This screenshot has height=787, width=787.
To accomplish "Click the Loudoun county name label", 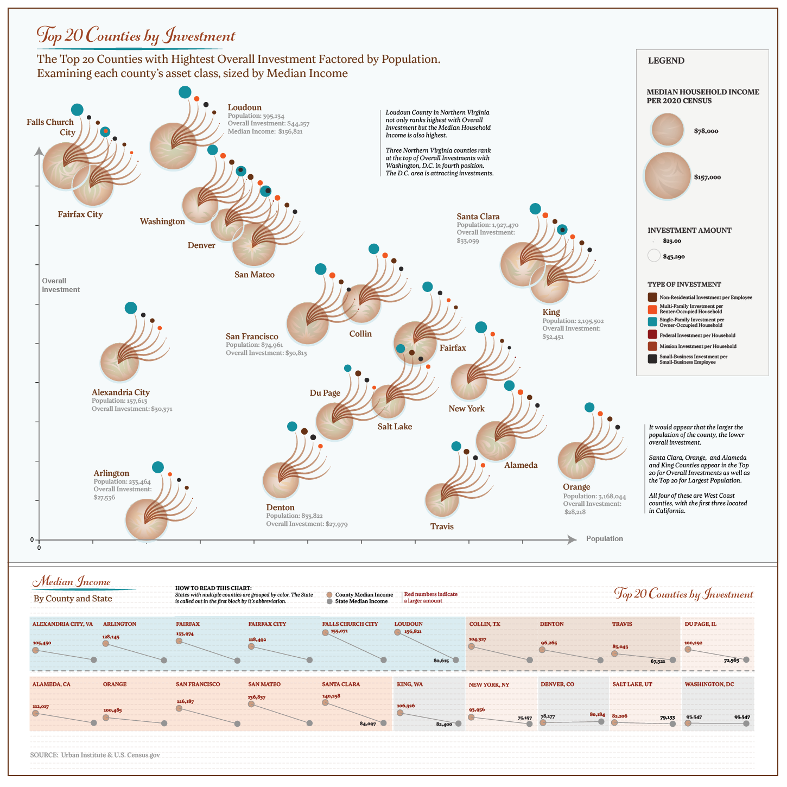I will pos(244,107).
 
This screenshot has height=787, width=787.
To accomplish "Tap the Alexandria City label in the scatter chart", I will pos(120,392).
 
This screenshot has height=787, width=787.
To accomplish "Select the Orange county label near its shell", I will pos(576,487).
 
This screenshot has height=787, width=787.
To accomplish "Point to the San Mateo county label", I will pos(255,275).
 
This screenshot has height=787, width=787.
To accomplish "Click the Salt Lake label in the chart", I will pos(395,427).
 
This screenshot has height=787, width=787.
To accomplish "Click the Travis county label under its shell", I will pos(442,526).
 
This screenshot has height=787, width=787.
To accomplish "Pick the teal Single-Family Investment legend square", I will pos(652,322).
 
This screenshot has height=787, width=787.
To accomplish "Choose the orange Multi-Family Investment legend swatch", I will pos(652,309).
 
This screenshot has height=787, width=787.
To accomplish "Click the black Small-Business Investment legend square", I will pos(652,359).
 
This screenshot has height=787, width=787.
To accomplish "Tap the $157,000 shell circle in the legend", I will pos(668,176).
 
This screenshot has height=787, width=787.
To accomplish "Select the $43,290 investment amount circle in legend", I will pos(654,256).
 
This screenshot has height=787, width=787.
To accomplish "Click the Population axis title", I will pos(604,538).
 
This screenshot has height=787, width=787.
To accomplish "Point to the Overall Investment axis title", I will pos(61,285).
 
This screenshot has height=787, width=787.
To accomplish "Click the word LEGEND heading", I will pos(666,61).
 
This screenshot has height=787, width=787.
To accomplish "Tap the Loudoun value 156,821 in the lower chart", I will pos(412,632).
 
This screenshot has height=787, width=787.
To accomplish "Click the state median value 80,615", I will pos(441,661).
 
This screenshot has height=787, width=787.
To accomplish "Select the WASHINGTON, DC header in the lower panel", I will pos(709,684).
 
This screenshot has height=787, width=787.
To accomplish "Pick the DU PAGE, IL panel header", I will pos(700,624).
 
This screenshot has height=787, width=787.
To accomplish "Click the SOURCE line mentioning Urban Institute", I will pos(95,755).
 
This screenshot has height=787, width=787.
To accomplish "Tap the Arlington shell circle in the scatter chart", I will pos(147,519).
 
